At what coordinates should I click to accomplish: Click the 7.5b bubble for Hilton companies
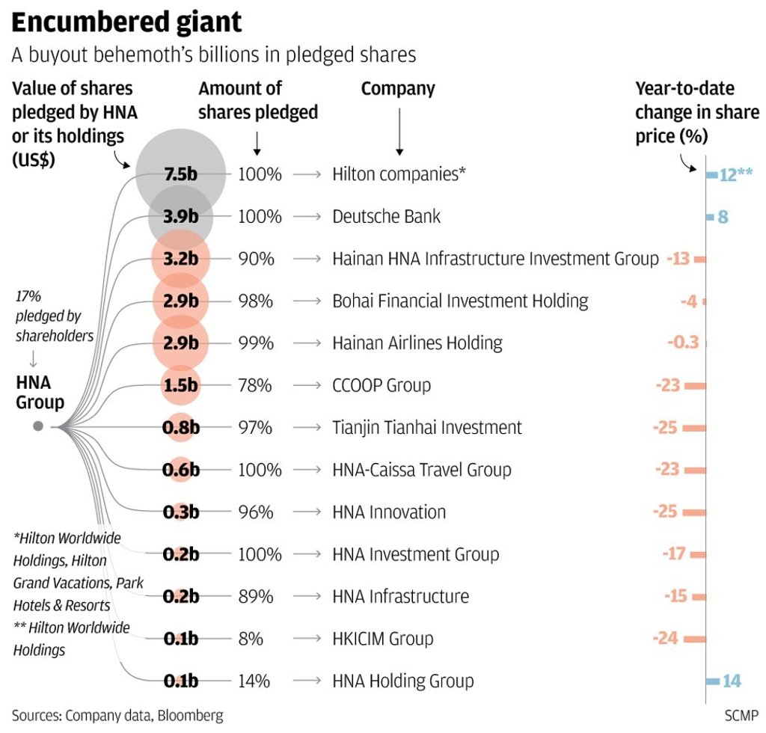(x=181, y=174)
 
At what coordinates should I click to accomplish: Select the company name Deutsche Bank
(x=386, y=217)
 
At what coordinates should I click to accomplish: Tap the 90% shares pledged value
(x=256, y=259)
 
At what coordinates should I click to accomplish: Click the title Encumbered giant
(x=126, y=22)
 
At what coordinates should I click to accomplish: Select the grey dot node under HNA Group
(x=38, y=426)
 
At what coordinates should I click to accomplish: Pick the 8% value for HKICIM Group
(x=251, y=639)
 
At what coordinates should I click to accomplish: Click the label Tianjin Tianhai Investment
(x=427, y=428)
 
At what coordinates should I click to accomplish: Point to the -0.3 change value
(x=682, y=343)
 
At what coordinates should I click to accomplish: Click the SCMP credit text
(x=741, y=714)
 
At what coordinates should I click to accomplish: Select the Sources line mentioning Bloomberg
(x=117, y=715)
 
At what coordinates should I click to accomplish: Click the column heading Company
(x=398, y=88)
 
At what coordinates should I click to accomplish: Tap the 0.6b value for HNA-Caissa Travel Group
(x=181, y=470)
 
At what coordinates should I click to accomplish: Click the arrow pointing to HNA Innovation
(x=307, y=512)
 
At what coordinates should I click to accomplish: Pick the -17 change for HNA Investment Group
(x=675, y=554)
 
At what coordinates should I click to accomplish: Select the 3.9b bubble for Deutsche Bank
(x=181, y=217)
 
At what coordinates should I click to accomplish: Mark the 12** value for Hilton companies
(x=735, y=175)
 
